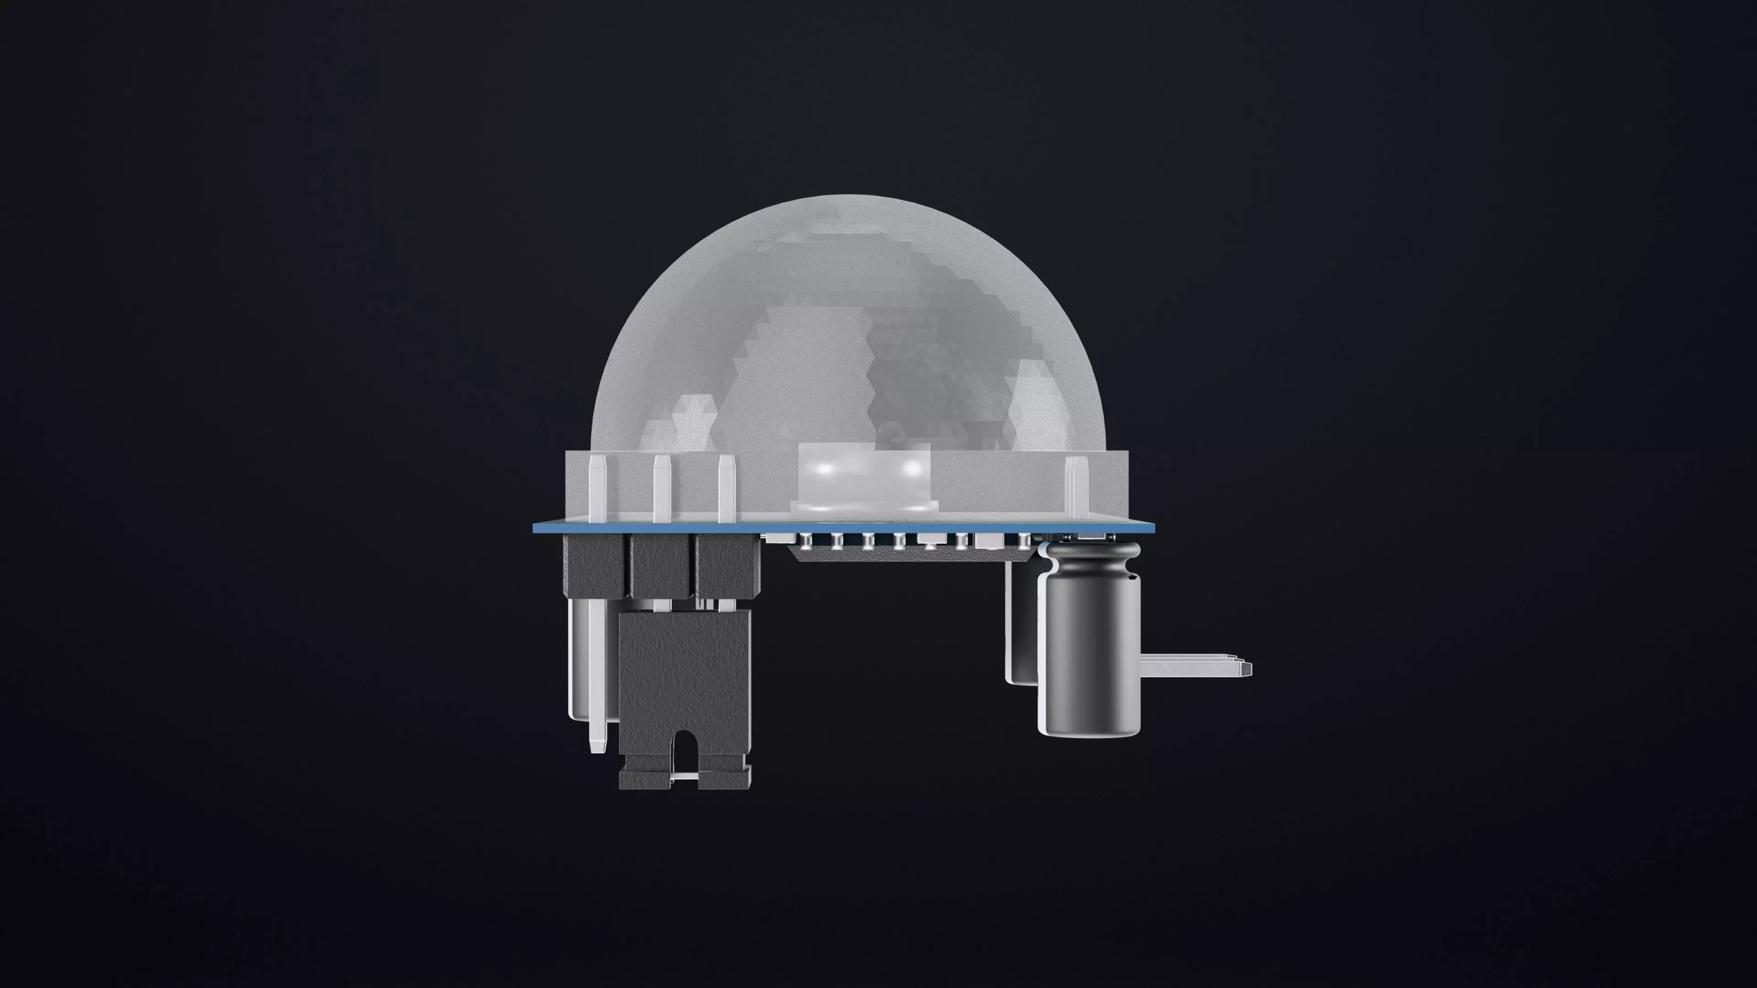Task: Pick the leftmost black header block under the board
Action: click(x=593, y=564)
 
